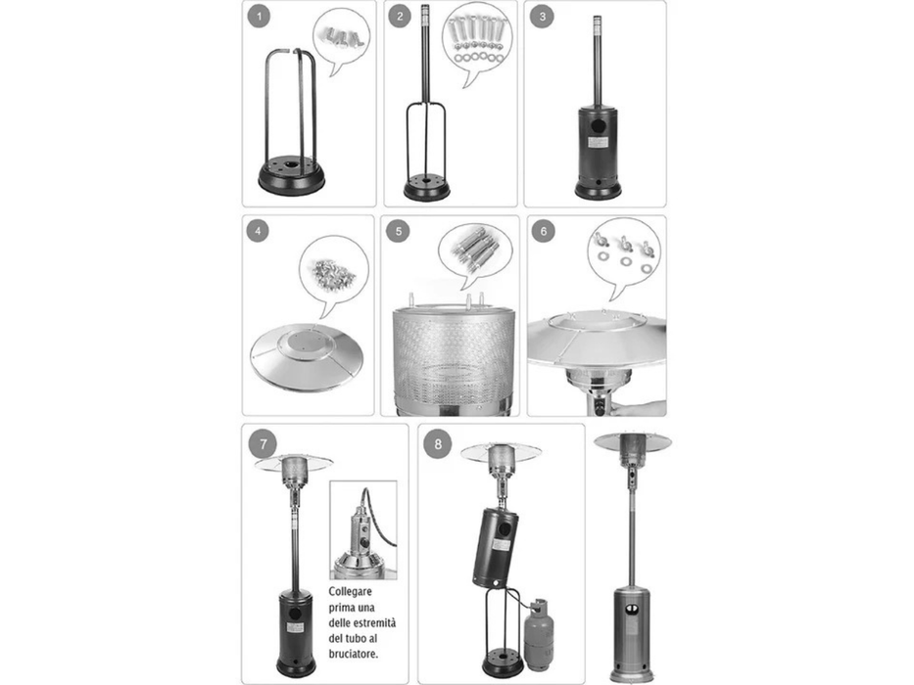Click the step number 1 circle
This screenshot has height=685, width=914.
259,17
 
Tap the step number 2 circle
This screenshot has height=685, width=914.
400,17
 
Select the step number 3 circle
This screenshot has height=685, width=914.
542,17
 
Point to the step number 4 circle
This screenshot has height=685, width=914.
257,231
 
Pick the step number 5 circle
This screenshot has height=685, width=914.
398,231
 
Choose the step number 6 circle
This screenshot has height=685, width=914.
544,231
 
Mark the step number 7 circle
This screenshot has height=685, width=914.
264,444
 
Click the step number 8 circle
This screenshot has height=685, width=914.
438,444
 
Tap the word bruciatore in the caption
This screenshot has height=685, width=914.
354,654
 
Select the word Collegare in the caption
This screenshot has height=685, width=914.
351,591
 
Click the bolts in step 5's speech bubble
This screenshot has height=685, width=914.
473,249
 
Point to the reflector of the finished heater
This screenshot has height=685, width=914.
633,442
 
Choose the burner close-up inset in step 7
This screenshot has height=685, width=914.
363,530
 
